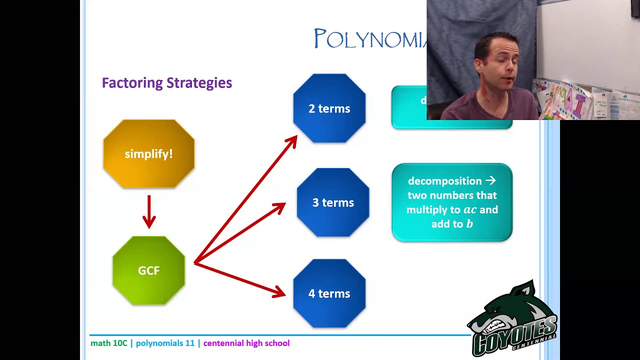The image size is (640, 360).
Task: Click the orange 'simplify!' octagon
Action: [x=148, y=154]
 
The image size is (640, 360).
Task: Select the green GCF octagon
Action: [x=148, y=270]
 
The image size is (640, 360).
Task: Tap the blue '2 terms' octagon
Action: [x=329, y=108]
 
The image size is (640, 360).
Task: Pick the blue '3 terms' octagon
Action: [x=333, y=202]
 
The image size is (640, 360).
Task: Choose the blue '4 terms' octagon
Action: [x=329, y=293]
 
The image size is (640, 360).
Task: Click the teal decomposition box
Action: [x=452, y=202]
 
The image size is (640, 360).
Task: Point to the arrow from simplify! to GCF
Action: [x=149, y=211]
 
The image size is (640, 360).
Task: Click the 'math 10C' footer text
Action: [x=109, y=343]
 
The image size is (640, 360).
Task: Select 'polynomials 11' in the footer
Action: [x=165, y=343]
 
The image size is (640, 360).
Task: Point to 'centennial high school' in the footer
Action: [x=246, y=343]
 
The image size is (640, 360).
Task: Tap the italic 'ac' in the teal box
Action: [x=470, y=210]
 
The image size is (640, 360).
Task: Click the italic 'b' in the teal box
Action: [x=469, y=224]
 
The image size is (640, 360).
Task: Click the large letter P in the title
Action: [x=320, y=39]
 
